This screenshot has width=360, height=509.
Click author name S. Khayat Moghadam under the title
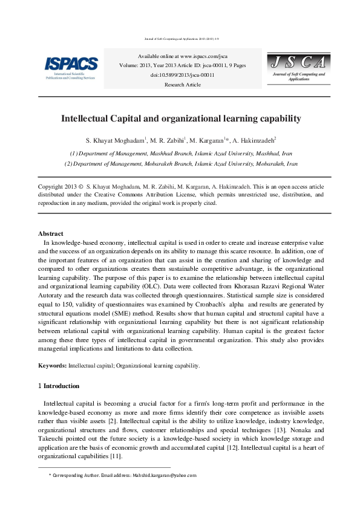click(x=115, y=141)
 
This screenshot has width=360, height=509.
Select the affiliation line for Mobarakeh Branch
click(x=181, y=164)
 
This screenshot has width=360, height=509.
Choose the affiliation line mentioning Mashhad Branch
click(x=181, y=154)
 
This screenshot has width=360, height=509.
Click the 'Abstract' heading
click(x=51, y=233)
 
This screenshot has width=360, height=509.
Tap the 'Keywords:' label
click(x=53, y=366)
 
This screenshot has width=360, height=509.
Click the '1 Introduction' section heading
click(x=58, y=385)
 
